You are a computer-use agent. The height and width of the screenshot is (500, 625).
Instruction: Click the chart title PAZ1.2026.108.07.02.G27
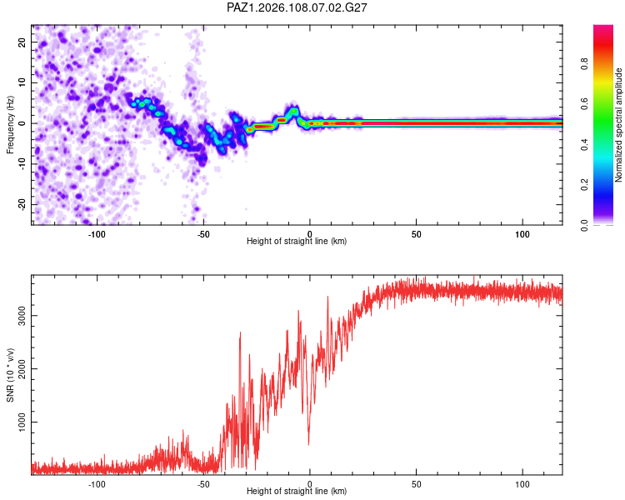click(297, 7)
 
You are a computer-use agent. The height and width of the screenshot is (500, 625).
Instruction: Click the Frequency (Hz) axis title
click(10, 125)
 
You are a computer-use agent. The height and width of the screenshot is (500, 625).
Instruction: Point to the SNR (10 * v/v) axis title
click(10, 375)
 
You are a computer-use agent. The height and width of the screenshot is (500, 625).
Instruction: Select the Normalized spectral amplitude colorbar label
click(618, 125)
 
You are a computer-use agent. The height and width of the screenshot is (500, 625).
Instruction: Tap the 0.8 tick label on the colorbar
click(584, 63)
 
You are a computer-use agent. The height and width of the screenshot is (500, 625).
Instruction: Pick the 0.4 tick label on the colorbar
click(584, 144)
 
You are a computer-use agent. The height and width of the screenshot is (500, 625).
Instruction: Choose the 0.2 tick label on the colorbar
click(584, 185)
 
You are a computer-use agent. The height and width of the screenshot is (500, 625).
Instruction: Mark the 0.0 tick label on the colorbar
click(584, 225)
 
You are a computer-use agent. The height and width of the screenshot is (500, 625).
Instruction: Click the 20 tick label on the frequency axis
click(22, 42)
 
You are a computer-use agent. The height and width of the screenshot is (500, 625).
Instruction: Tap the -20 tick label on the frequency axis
click(22, 204)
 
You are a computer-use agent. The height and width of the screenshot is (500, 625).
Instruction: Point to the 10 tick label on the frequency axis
click(22, 82)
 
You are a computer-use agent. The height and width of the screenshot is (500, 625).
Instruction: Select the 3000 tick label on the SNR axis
click(22, 315)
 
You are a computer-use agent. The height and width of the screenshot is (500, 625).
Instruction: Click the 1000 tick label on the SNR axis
click(22, 422)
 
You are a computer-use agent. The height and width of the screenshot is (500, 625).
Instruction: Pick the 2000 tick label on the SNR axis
click(22, 369)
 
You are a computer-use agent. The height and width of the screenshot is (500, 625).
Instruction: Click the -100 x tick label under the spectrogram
click(97, 234)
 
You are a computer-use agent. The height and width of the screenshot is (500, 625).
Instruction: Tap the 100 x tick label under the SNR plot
click(522, 484)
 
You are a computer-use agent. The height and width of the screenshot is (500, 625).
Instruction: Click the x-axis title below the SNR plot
click(297, 491)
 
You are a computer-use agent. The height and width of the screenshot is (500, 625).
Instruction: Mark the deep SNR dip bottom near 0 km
click(308, 444)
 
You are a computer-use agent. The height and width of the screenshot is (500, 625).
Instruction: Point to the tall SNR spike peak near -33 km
click(240, 332)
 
